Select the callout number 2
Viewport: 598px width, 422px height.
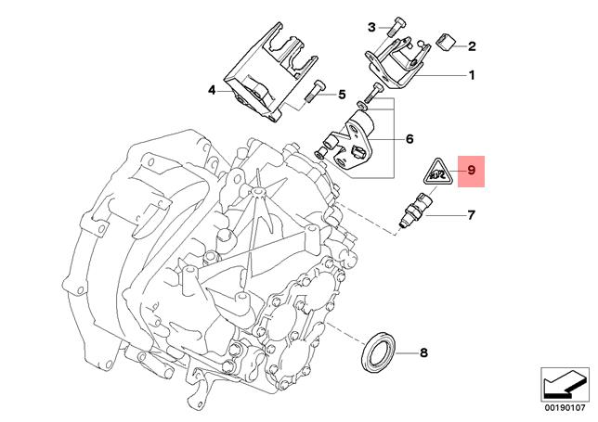coord(471,45)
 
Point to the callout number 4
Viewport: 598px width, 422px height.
coord(212,91)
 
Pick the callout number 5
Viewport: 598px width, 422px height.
coord(341,94)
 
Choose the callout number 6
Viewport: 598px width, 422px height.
coord(409,140)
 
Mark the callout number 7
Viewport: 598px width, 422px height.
coord(471,216)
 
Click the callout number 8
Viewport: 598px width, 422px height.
coord(423,352)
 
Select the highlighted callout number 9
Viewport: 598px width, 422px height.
coord(471,170)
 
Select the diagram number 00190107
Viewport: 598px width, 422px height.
coord(564,404)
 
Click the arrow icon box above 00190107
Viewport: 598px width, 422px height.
coord(564,380)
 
